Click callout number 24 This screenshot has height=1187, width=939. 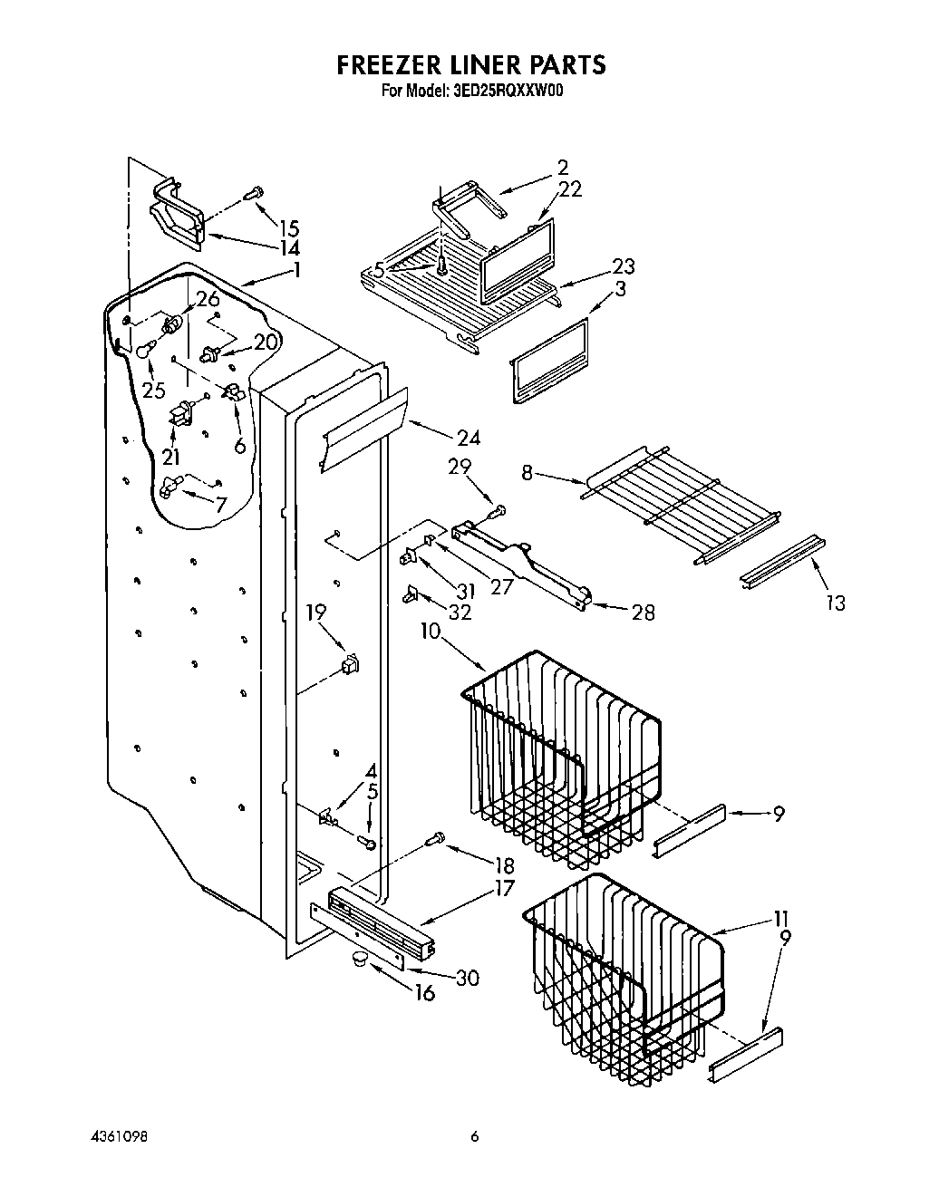coord(468,439)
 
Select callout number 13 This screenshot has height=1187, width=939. coord(835,603)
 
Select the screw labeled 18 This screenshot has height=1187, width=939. coord(434,838)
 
